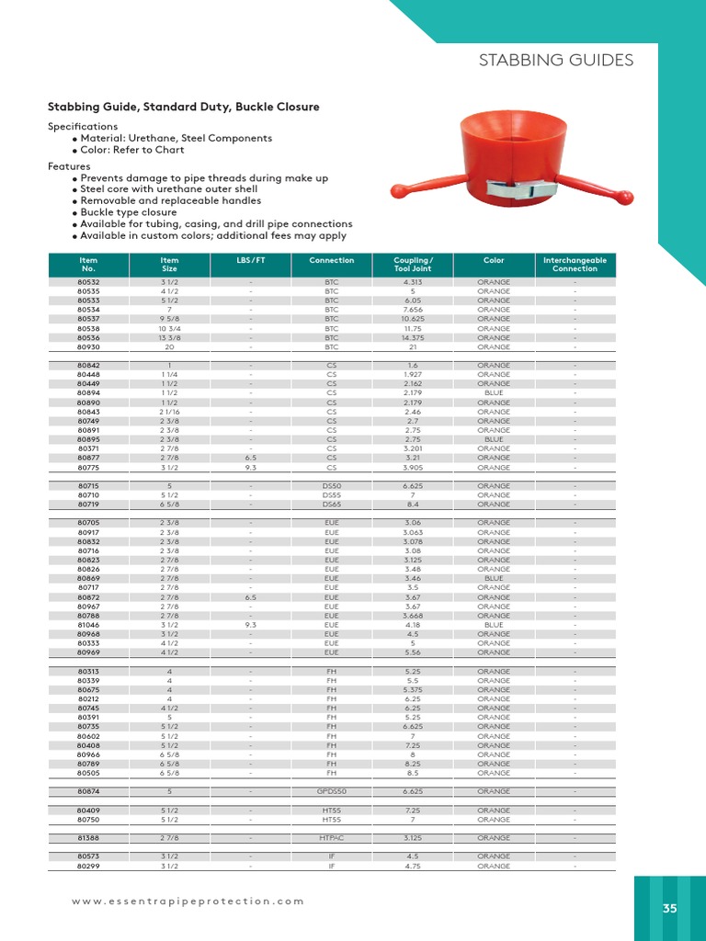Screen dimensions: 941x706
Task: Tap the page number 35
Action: [669, 908]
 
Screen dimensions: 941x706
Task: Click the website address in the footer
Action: [188, 901]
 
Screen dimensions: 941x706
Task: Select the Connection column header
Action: [332, 260]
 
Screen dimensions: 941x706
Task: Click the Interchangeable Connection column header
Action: [575, 265]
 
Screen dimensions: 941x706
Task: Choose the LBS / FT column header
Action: [250, 260]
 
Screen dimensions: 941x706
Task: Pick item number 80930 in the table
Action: [89, 347]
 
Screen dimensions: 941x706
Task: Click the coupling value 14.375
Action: [413, 338]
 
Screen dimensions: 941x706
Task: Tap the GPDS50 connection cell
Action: [332, 791]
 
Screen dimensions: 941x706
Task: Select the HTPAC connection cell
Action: [332, 838]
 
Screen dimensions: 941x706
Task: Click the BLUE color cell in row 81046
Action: [494, 625]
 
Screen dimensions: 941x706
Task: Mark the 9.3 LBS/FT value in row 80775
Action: [250, 467]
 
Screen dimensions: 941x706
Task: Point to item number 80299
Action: [89, 866]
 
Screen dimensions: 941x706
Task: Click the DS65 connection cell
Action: [332, 505]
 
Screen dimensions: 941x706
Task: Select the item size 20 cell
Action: [169, 347]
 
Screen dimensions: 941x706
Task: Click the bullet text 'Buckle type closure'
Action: [128, 212]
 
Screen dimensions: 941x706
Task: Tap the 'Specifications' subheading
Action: [83, 126]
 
